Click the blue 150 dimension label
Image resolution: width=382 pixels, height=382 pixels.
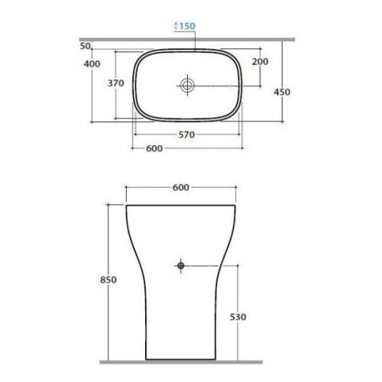[x=187, y=26]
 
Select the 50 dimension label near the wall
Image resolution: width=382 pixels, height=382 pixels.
[x=85, y=46]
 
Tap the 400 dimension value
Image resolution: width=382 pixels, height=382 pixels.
[x=92, y=64]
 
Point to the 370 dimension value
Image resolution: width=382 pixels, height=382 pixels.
[x=116, y=83]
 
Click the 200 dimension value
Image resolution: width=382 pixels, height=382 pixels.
[x=260, y=62]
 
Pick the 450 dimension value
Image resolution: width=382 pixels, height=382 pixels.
[x=282, y=92]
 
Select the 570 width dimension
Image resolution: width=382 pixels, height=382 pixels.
[x=186, y=134]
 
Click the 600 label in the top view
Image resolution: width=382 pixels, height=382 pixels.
[x=154, y=148]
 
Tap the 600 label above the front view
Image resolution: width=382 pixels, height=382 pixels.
[x=181, y=188]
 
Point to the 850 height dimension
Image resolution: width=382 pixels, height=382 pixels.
[x=108, y=280]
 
